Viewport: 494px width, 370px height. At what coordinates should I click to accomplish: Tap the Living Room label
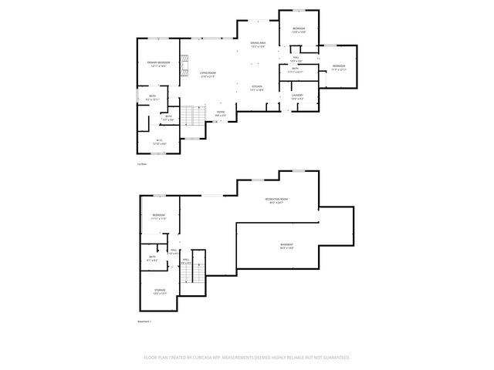click(x=208, y=74)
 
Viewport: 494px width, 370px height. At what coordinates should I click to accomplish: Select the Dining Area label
click(x=258, y=44)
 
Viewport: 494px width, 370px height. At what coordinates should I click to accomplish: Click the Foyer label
click(x=221, y=113)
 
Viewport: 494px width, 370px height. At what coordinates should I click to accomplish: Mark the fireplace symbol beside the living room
click(x=184, y=67)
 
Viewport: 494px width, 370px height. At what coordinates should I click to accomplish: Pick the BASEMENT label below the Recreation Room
click(x=286, y=244)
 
